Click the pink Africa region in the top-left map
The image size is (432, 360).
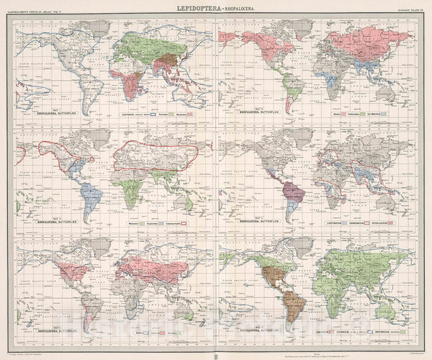pos(130,83)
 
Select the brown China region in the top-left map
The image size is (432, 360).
pos(169,63)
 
